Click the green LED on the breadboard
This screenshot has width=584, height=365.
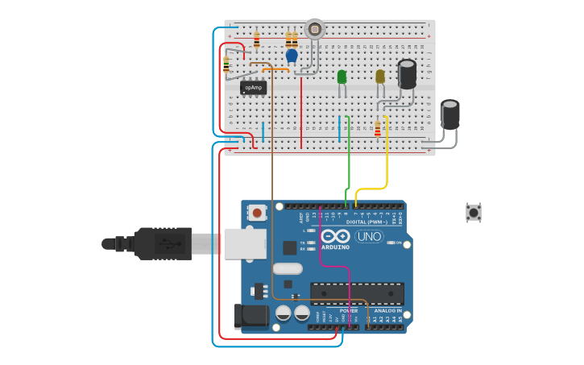[342, 77]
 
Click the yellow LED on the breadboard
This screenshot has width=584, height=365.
[380, 77]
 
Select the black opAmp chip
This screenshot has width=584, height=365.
[253, 88]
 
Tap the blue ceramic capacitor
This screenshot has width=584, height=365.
[292, 56]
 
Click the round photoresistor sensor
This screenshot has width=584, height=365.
[314, 30]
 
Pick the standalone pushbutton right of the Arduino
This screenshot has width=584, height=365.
[474, 213]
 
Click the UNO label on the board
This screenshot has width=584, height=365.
[369, 236]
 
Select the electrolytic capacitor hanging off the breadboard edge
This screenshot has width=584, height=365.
[450, 114]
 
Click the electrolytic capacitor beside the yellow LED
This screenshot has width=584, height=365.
[408, 74]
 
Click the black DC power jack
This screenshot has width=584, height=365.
[250, 317]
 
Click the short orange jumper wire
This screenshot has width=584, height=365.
[275, 69]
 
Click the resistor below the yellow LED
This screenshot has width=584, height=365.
[378, 128]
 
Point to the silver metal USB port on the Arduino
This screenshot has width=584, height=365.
[244, 243]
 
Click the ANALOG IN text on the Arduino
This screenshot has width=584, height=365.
[387, 310]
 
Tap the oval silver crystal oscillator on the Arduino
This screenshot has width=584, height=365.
[287, 268]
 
